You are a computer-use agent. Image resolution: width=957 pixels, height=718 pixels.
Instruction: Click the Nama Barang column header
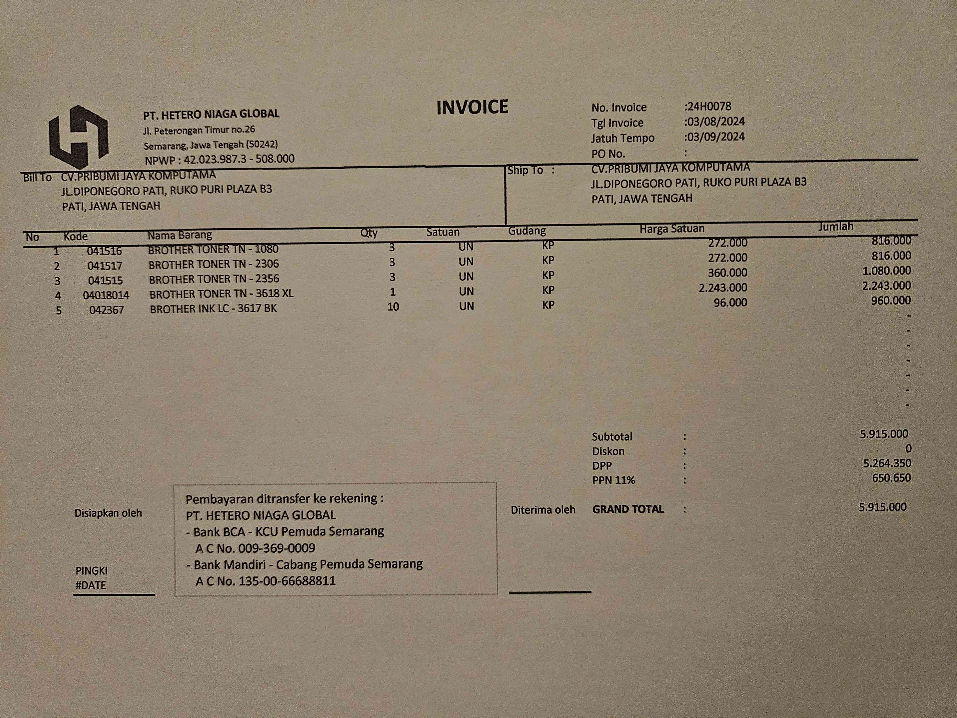click(x=179, y=235)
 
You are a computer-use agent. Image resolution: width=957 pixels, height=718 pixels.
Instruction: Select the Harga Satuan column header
click(x=672, y=229)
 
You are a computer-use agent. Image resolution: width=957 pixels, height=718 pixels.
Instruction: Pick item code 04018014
click(x=106, y=295)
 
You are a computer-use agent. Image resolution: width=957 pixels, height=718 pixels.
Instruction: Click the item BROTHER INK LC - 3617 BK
click(x=213, y=309)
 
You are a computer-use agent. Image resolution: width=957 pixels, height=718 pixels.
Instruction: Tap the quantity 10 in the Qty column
click(x=393, y=306)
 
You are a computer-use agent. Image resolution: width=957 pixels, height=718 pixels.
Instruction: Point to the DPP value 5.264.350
click(x=887, y=463)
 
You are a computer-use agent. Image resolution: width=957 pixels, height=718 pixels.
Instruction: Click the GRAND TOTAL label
click(x=628, y=509)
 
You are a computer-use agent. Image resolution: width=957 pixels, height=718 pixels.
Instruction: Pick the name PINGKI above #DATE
click(x=91, y=570)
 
